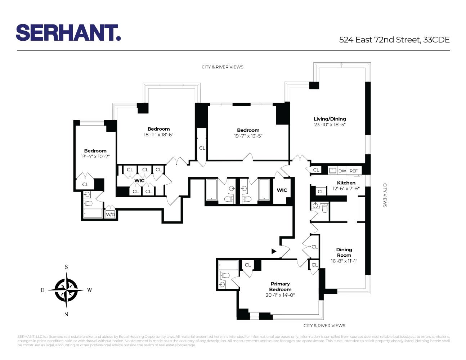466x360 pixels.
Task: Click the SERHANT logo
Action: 68,33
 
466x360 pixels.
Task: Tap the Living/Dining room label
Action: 330,119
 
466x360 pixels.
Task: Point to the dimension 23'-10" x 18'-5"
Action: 330,125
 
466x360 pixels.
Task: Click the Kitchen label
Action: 346,183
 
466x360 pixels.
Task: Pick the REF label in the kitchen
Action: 354,171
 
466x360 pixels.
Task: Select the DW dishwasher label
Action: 342,171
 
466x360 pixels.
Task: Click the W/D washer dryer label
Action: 110,215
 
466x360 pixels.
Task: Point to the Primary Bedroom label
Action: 280,287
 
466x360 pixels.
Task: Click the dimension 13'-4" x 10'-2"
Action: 95,157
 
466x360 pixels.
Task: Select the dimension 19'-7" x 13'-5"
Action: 248,136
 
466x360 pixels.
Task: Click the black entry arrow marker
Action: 274,251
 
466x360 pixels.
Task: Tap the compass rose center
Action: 66,290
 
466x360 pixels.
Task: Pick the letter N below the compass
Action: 66,314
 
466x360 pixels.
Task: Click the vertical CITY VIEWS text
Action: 385,195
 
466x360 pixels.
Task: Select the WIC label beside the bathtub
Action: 282,190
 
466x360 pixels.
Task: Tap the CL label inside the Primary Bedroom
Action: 248,265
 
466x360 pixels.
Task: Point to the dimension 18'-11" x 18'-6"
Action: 158,135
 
